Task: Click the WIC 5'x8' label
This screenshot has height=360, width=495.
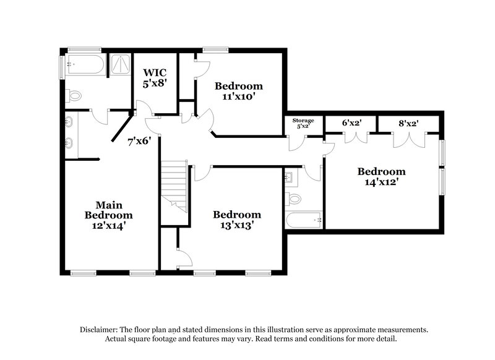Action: pos(155,78)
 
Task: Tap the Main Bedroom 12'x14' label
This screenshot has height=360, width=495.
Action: pos(108,215)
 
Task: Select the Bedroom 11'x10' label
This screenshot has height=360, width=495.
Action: pos(238,91)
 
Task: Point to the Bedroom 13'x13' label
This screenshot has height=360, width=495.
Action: pos(237,220)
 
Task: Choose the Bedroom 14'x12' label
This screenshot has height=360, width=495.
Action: pos(382,177)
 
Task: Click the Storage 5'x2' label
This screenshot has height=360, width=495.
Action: pos(303,124)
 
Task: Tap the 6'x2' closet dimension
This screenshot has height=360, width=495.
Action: pos(351,123)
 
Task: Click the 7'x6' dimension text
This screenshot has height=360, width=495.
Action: pos(140,141)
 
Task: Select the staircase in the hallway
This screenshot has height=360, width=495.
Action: pos(174,186)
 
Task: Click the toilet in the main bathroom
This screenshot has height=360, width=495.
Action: pos(74,96)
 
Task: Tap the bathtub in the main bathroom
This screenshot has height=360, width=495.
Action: pos(85,62)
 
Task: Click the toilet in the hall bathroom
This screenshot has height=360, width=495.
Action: pos(293,199)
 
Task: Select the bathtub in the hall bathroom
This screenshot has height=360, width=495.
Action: pos(303,219)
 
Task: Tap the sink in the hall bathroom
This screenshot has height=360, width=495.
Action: pos(289,178)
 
